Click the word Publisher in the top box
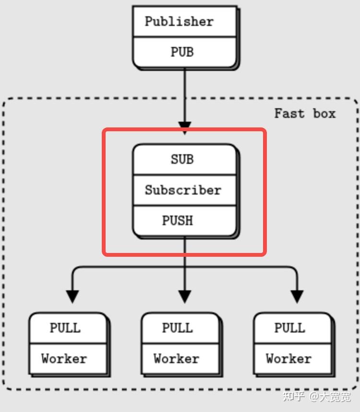tap(179, 21)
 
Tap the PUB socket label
tap(182, 52)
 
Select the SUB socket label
tap(182, 159)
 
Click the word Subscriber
tap(183, 190)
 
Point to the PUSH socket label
tap(178, 220)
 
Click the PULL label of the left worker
tap(65, 328)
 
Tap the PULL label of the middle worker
tap(178, 328)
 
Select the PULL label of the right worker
tap(290, 328)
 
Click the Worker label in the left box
tap(64, 358)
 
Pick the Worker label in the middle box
tap(177, 358)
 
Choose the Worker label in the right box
tap(288, 358)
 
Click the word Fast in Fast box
tap(289, 113)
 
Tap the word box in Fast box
tap(324, 113)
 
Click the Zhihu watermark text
tap(316, 397)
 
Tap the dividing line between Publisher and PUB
tap(185, 37)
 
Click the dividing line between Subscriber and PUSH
tap(185, 206)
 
